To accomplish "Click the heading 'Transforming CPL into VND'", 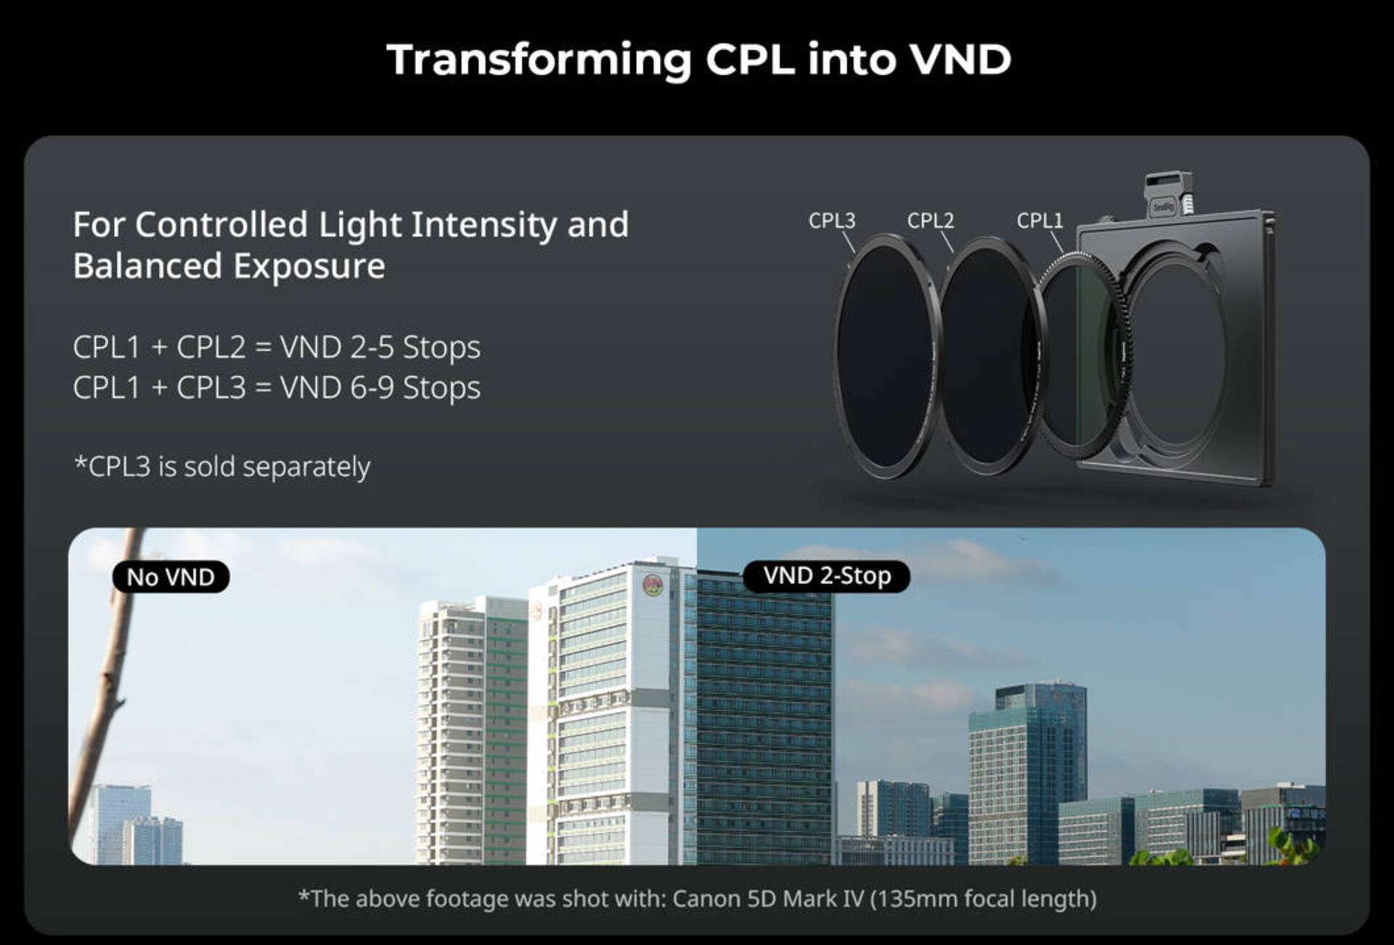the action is pyautogui.click(x=698, y=60).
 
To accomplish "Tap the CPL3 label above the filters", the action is pyautogui.click(x=832, y=220).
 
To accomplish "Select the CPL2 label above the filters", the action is pyautogui.click(x=930, y=220).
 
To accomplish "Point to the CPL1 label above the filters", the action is pyautogui.click(x=1040, y=220).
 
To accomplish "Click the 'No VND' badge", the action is pyautogui.click(x=171, y=577).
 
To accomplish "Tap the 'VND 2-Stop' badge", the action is pyautogui.click(x=827, y=576).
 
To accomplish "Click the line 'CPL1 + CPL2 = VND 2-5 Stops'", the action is pyautogui.click(x=277, y=348).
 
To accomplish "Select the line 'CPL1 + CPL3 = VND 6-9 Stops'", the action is pyautogui.click(x=277, y=388).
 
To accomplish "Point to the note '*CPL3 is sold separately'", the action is pyautogui.click(x=222, y=467).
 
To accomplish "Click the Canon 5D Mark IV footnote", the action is pyautogui.click(x=697, y=899).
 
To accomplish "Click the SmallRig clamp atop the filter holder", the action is pyautogui.click(x=1167, y=195).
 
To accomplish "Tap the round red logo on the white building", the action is pyautogui.click(x=653, y=584).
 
